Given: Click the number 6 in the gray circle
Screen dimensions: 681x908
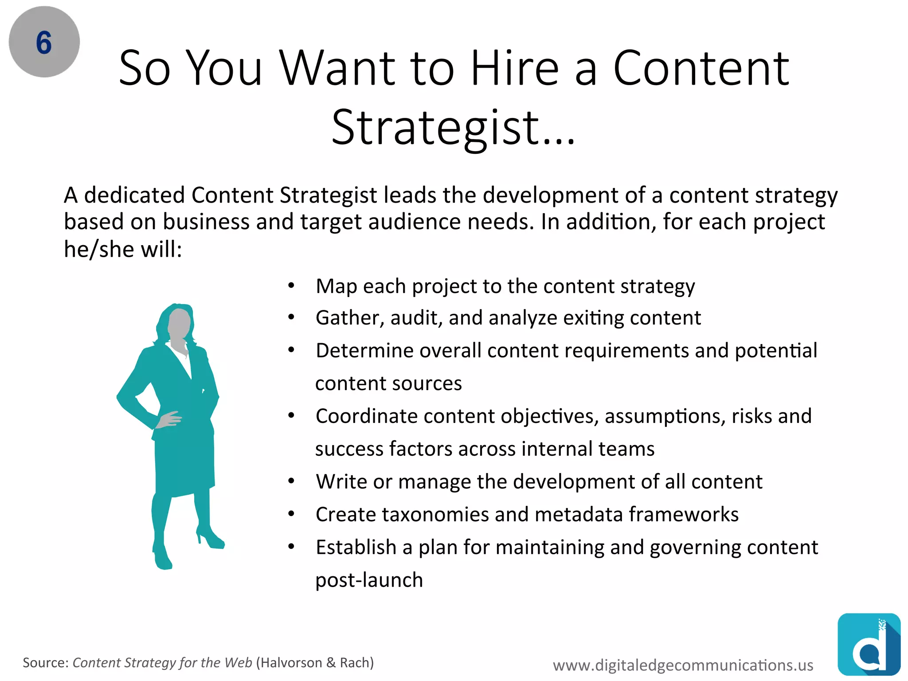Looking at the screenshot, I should pos(44,43).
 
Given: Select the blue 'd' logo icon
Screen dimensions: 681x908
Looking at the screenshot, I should pos(869,645).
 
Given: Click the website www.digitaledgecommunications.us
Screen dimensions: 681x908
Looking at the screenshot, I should pos(683,665).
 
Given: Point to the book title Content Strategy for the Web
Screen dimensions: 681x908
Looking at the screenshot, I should pos(162,662).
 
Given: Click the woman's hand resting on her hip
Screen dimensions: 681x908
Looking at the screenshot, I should pos(169,419).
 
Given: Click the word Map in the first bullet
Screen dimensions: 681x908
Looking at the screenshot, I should pos(336,286).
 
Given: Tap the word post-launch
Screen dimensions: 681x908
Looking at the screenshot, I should pos(369,580).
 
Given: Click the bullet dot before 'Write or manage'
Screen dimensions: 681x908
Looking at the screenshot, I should pos(291,481).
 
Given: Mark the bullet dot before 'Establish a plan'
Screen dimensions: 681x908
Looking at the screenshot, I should pos(291,547).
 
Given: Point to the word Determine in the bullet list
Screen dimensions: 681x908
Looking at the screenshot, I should pos(364,351).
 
